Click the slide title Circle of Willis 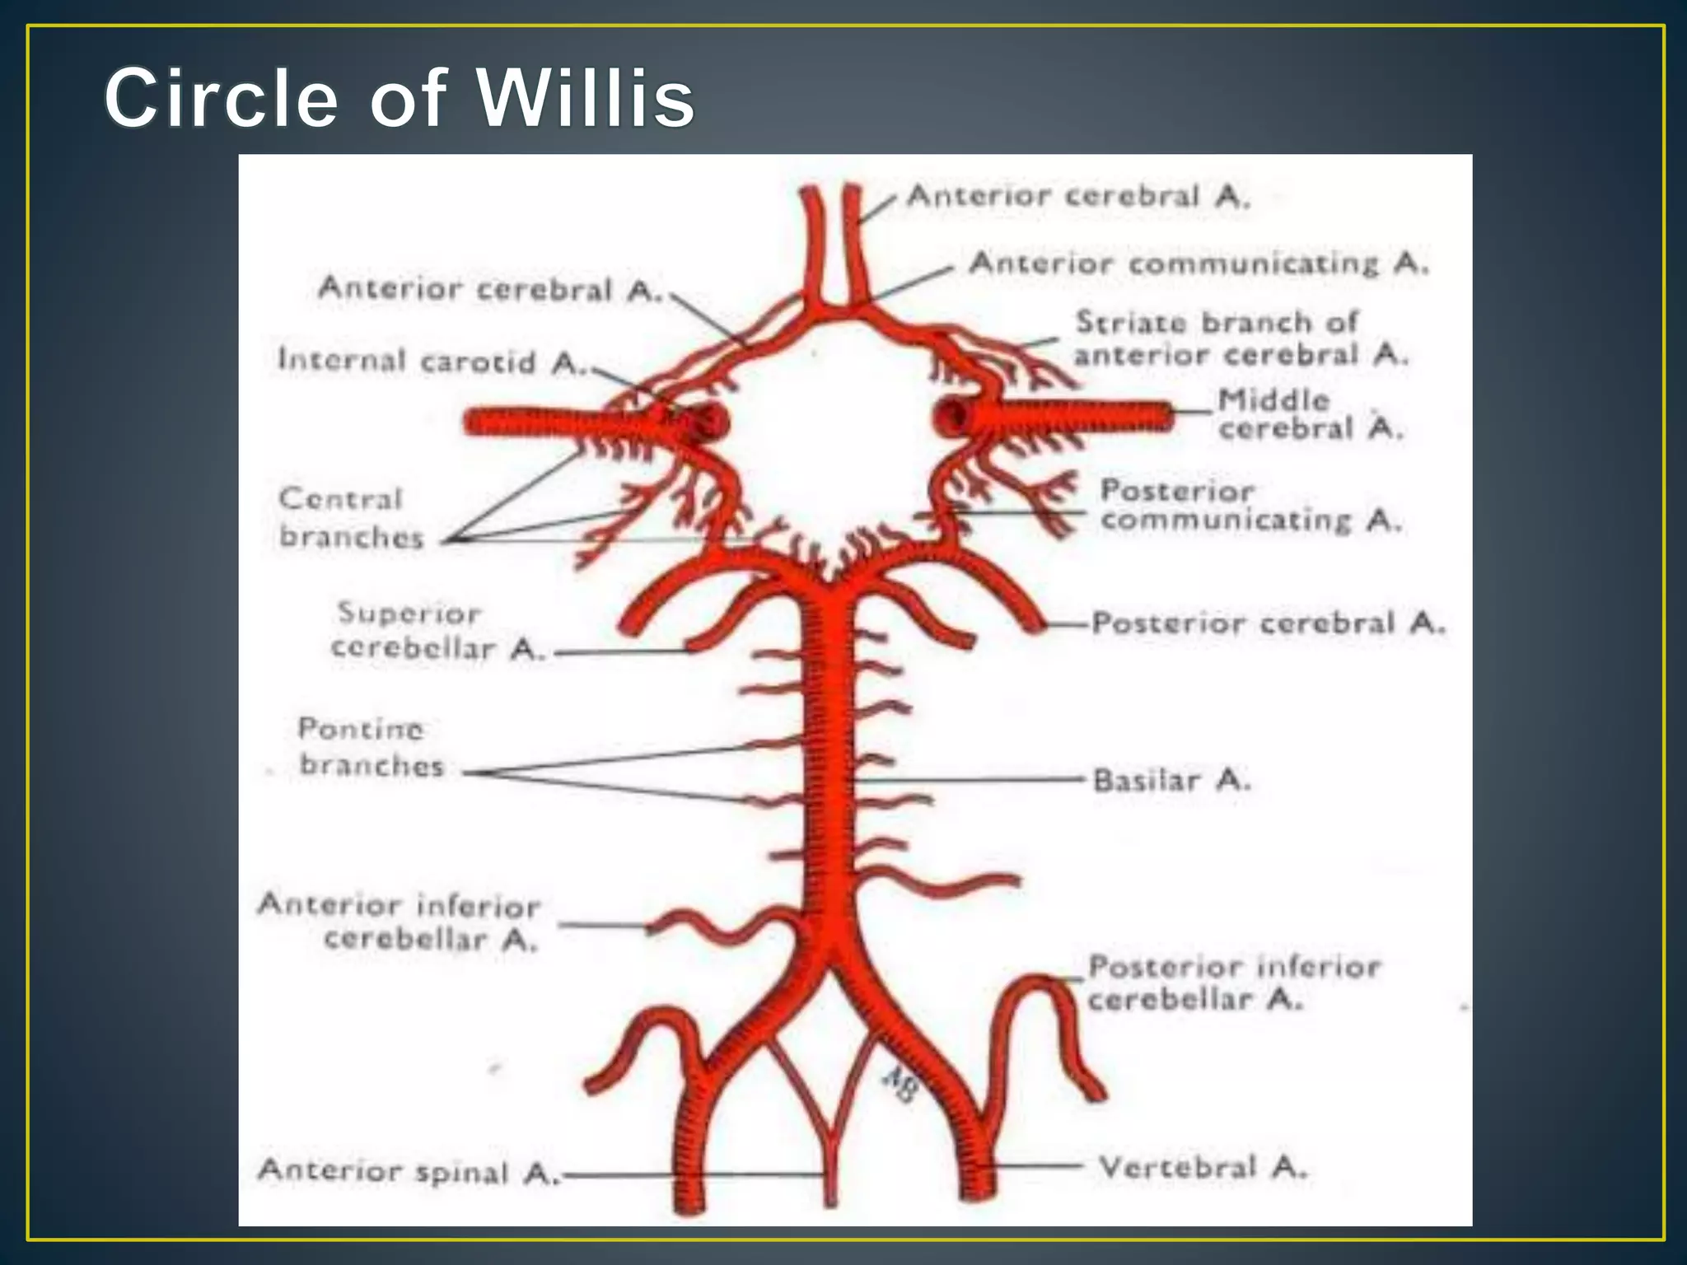pyautogui.click(x=400, y=99)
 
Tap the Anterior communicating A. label pyautogui.click(x=1199, y=264)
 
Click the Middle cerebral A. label pyautogui.click(x=1310, y=414)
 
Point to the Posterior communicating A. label pyautogui.click(x=1250, y=506)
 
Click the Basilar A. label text pyautogui.click(x=1171, y=779)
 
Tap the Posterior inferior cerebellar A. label pyautogui.click(x=1233, y=983)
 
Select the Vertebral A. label pyautogui.click(x=1203, y=1167)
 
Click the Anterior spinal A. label pyautogui.click(x=408, y=1171)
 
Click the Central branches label pyautogui.click(x=350, y=518)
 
